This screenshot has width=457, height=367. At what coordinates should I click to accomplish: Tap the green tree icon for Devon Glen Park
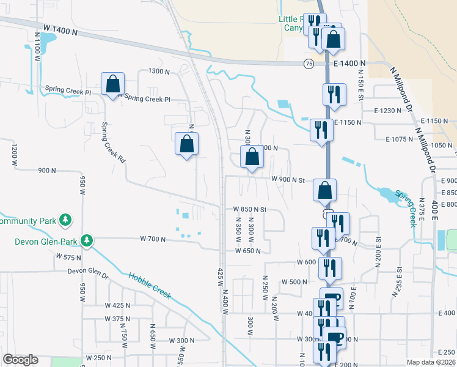pyautogui.click(x=87, y=240)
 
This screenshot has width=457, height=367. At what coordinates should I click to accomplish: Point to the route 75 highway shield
pyautogui.click(x=309, y=64)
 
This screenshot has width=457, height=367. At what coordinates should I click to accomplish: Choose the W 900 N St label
pyautogui.click(x=288, y=180)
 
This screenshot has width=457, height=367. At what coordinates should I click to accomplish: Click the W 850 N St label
pyautogui.click(x=250, y=209)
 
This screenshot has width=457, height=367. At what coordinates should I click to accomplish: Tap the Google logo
pyautogui.click(x=20, y=360)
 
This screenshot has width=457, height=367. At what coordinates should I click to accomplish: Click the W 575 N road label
pyautogui.click(x=68, y=257)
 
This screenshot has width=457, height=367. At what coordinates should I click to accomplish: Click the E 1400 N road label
pyautogui.click(x=349, y=63)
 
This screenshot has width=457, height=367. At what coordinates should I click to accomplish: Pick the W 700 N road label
pyautogui.click(x=153, y=239)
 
